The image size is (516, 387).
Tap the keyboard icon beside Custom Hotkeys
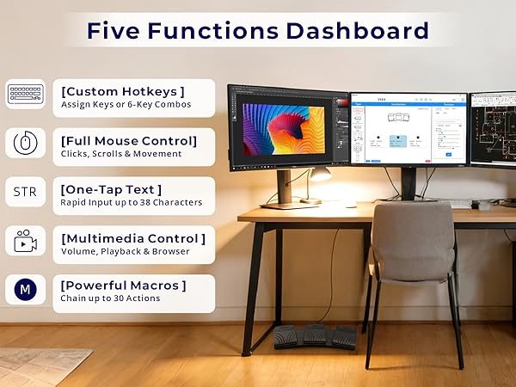click(x=26, y=94)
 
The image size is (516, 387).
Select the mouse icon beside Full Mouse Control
click(x=26, y=143)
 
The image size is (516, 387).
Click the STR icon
click(x=25, y=193)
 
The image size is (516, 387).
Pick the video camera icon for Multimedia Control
click(x=26, y=243)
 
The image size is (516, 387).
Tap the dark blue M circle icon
click(x=26, y=290)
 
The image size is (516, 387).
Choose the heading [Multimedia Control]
click(x=132, y=237)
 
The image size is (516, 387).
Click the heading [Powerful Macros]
click(x=123, y=285)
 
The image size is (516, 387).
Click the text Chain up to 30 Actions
click(x=110, y=299)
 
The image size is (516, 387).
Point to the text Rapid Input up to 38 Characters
click(x=131, y=203)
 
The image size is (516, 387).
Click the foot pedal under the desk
click(x=316, y=336)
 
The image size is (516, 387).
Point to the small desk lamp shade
click(x=321, y=174)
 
